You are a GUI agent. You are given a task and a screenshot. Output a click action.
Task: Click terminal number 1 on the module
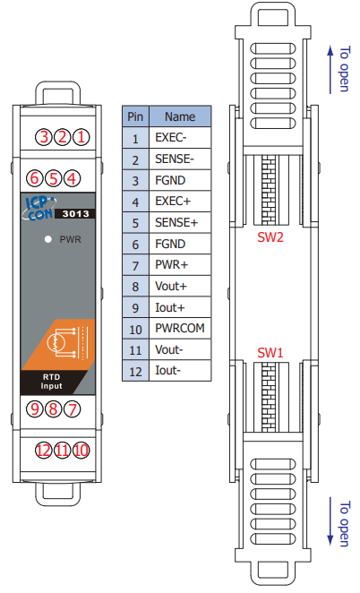pos(81,137)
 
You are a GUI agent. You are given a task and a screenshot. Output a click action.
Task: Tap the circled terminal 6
pos(34,178)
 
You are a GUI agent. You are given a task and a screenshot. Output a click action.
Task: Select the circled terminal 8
pos(54,408)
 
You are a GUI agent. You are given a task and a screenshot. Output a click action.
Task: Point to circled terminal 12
pos(44,451)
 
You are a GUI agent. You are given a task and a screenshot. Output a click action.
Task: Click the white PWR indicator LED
pos(48,239)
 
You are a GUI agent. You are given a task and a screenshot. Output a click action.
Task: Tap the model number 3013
pos(75,214)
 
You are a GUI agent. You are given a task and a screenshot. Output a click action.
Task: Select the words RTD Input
pos(51,382)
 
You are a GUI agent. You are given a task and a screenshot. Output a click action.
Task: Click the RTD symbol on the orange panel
pos(67,342)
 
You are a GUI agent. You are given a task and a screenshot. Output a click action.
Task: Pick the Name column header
pos(180,116)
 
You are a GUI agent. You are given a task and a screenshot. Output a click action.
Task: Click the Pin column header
pos(135,116)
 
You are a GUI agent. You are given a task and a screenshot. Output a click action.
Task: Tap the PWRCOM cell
pos(180,328)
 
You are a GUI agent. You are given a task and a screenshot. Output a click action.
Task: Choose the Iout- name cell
pos(180,371)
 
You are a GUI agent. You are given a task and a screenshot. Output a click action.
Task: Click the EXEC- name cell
pos(180,138)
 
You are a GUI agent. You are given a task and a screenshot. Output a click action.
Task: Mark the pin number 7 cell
pos(135,265)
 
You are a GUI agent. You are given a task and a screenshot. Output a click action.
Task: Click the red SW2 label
pos(270,237)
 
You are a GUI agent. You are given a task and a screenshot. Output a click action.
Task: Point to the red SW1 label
pos(270,352)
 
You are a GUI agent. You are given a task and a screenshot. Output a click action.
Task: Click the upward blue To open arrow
pos(330,69)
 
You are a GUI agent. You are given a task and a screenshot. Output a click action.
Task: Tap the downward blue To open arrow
pos(330,521)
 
